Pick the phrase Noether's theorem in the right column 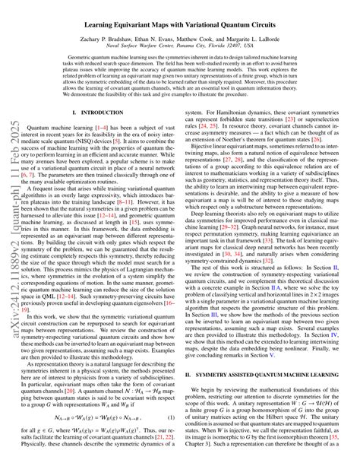[x=275, y=141]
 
